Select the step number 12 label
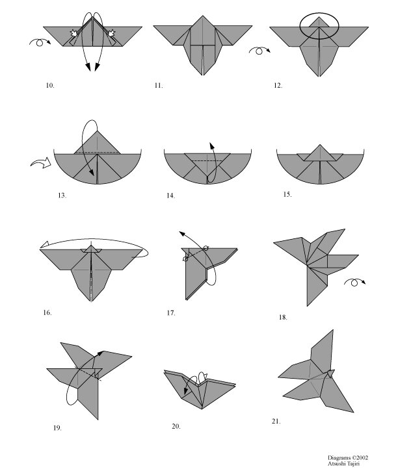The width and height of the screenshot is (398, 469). pos(278,85)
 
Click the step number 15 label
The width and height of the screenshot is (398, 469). pos(287,194)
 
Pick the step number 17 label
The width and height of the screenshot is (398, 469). pos(170,312)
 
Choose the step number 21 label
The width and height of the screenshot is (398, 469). pos(276,422)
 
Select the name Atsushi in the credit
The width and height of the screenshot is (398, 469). pos(338,463)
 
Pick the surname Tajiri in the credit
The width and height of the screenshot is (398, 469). pos(358,463)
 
